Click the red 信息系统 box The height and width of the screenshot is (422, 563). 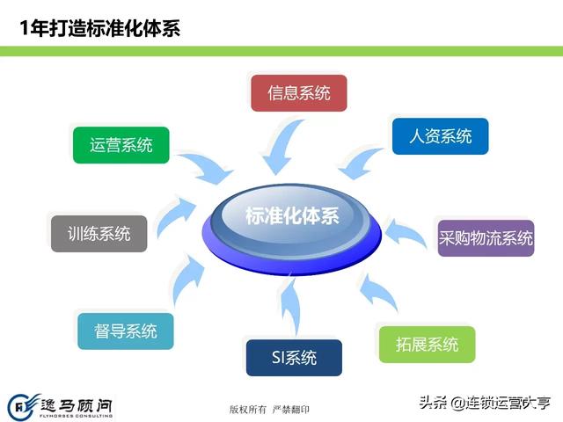[x=299, y=93]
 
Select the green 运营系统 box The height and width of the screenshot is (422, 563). [x=121, y=145]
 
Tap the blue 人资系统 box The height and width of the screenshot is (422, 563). [x=440, y=136]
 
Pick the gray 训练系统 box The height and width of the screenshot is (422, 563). [x=99, y=234]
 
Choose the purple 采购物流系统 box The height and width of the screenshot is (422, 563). [x=486, y=238]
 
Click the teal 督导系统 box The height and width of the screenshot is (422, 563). [x=126, y=331]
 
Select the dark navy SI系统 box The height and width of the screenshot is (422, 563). [x=294, y=358]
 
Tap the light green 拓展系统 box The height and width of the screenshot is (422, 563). [x=427, y=344]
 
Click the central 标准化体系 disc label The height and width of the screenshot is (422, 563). [x=292, y=216]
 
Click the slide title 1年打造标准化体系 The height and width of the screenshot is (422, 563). [x=100, y=28]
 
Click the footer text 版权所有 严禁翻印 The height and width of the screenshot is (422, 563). [x=269, y=409]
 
